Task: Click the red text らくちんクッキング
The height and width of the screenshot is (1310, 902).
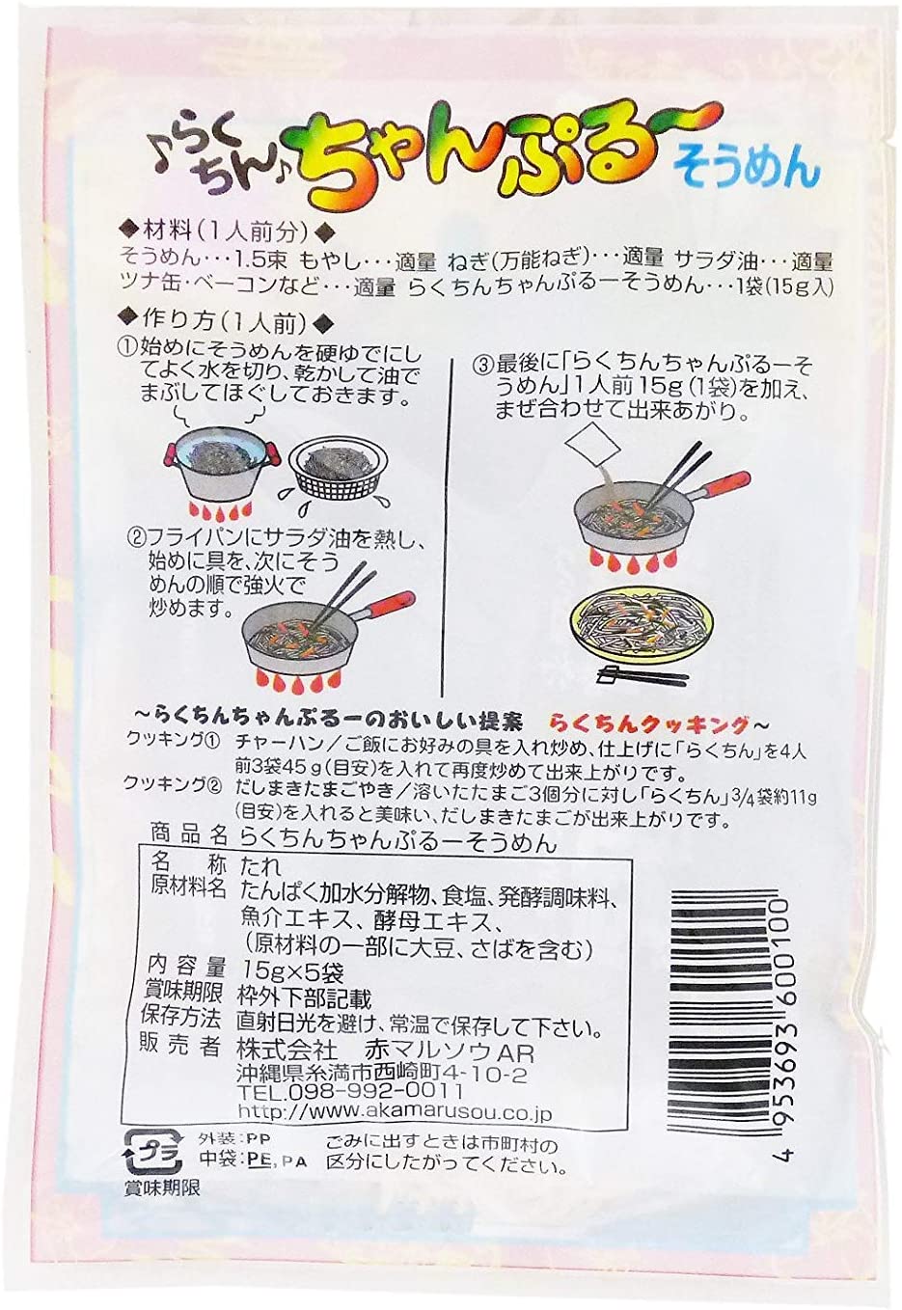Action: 647,724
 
